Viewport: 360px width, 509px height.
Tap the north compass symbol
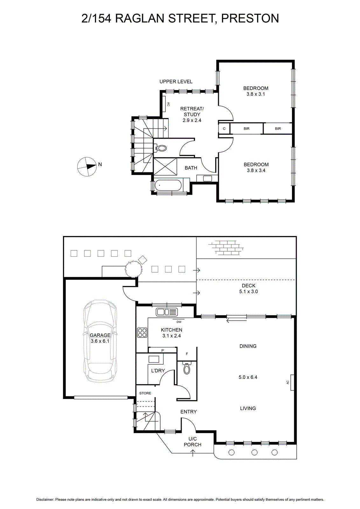[87, 167]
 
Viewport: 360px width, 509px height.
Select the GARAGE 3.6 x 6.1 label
[100, 338]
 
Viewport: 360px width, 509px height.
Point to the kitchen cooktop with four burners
[142, 333]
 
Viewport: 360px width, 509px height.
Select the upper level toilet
[161, 149]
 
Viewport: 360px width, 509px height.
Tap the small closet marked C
[224, 129]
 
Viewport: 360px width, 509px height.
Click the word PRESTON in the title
[250, 18]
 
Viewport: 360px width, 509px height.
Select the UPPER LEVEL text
[176, 81]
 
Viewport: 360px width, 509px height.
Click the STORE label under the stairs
[145, 393]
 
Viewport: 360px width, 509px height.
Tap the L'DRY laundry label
[158, 371]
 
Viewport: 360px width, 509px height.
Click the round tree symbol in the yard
[134, 269]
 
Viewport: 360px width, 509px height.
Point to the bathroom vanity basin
[207, 178]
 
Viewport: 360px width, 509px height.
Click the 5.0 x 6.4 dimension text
[248, 377]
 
